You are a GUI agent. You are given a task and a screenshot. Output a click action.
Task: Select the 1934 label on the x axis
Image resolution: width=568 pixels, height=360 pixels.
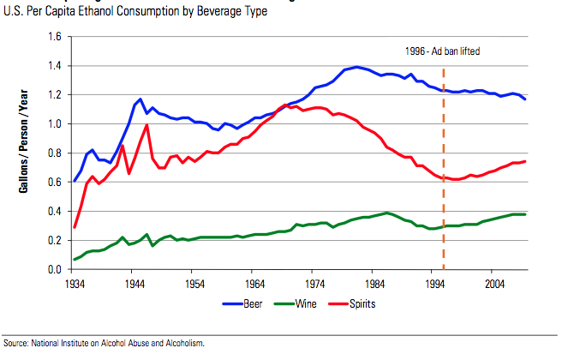tap(74, 282)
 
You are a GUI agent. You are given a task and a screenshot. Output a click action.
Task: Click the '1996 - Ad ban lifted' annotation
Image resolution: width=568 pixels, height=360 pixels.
tap(443, 51)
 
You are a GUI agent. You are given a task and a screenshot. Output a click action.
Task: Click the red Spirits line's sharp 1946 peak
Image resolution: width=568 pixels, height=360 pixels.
tap(147, 125)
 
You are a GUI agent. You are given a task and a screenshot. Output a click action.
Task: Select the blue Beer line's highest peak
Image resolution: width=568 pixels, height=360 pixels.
tap(356, 66)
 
